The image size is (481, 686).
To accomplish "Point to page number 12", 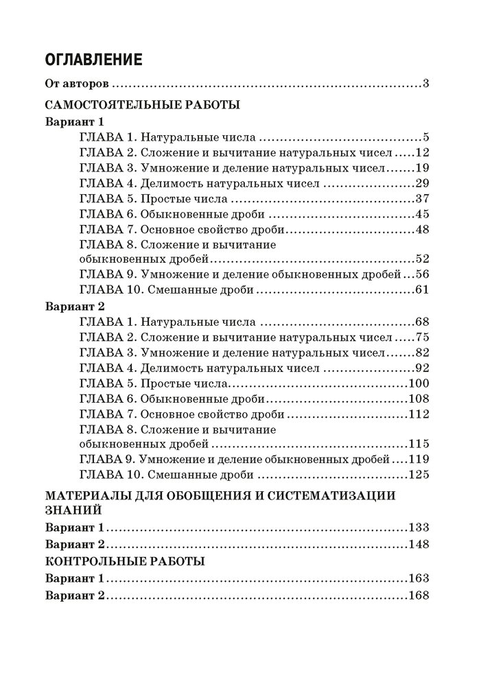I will pos(422,151).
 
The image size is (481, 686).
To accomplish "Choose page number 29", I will pos(422,183).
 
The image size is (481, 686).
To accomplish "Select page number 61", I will pos(422,289).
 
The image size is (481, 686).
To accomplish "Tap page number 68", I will pos(422,321).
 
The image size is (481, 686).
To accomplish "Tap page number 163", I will pos(419,578).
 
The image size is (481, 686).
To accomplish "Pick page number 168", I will pos(419,595).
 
